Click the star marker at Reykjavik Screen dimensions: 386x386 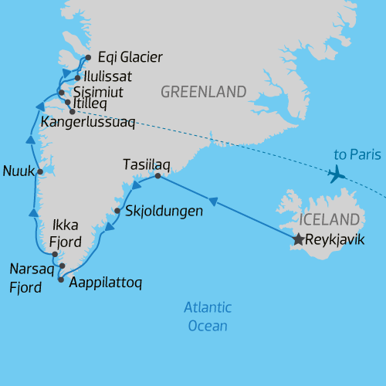(298, 240)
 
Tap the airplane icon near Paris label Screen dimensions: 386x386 (337, 174)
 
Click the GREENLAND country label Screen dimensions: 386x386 (203, 93)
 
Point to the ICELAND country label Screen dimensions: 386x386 (331, 218)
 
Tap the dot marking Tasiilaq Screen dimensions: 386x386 (157, 177)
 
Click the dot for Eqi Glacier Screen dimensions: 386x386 (89, 57)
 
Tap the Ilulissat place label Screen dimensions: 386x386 (107, 77)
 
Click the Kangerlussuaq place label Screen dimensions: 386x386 (87, 122)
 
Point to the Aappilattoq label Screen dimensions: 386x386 (106, 283)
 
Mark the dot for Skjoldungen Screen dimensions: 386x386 (117, 211)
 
